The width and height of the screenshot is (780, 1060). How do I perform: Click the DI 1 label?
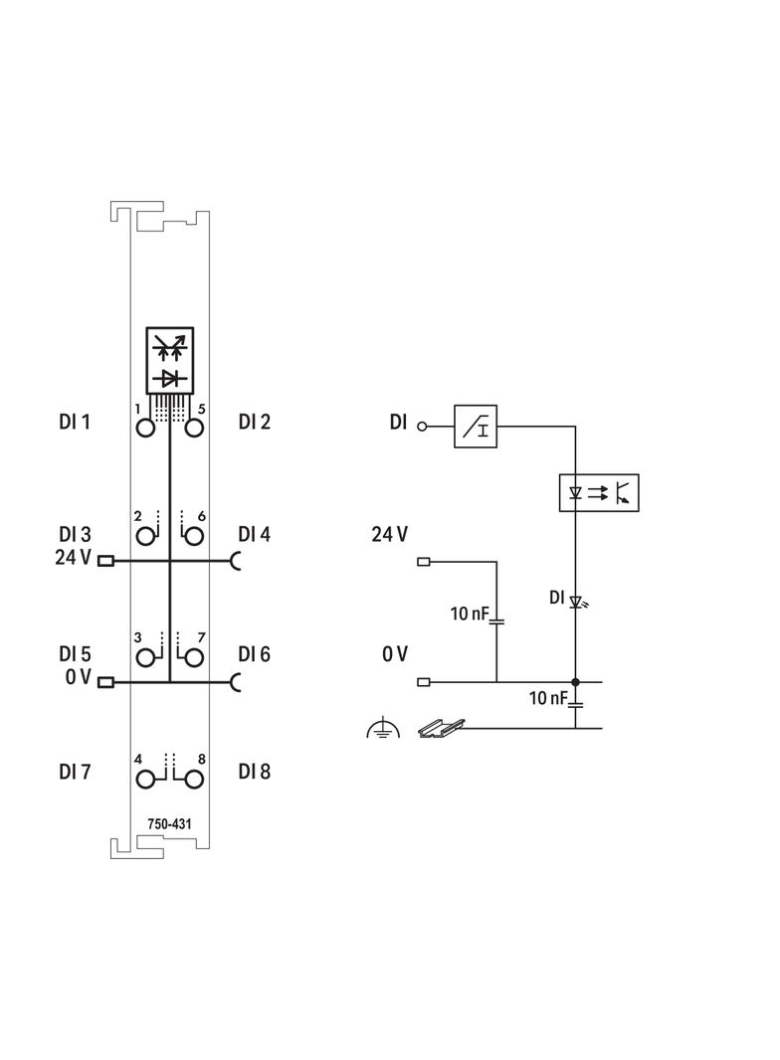click(x=75, y=422)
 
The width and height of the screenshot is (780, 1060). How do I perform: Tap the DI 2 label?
click(x=254, y=422)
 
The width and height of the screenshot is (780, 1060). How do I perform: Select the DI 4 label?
click(x=254, y=534)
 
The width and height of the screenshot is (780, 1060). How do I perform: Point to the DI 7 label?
click(x=75, y=772)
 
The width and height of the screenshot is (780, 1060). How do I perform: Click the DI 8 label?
click(x=254, y=772)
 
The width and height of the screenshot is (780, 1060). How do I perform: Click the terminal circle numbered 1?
click(x=146, y=429)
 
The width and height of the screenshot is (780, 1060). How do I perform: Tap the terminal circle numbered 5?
click(x=194, y=429)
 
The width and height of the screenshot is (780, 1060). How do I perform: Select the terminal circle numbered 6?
click(x=194, y=537)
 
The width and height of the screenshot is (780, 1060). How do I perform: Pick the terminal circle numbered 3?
click(x=146, y=657)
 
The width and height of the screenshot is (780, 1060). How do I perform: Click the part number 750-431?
click(x=170, y=823)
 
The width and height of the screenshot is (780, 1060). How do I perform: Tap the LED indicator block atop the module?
click(x=170, y=359)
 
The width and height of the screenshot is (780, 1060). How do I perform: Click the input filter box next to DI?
click(x=475, y=426)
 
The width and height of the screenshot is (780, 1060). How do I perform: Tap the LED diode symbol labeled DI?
click(x=575, y=601)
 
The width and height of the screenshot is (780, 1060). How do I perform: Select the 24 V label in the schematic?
click(x=389, y=535)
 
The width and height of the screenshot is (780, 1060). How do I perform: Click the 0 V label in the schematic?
click(x=395, y=653)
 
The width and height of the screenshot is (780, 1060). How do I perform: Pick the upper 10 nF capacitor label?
click(x=469, y=615)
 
